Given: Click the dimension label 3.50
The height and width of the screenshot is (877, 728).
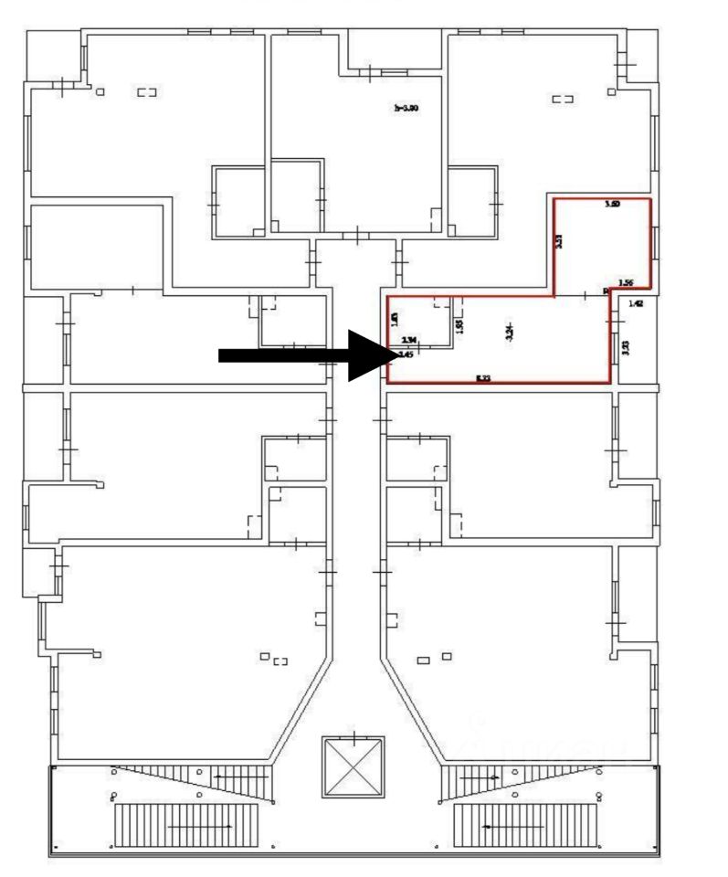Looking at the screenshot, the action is point(612,206).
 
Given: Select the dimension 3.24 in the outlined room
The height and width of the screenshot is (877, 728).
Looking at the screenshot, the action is point(509,334).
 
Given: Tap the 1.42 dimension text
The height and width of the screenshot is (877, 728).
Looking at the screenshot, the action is point(637,303).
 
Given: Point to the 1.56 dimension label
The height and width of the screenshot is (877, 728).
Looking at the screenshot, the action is point(626,283).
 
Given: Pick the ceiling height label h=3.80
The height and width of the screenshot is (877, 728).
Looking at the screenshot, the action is point(406,108).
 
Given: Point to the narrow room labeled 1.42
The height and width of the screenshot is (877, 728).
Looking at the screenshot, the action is point(636,338).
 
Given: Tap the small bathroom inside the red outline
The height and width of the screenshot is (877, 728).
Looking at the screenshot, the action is point(421,322).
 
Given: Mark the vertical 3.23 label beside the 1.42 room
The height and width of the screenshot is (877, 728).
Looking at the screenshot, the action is point(625,348).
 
